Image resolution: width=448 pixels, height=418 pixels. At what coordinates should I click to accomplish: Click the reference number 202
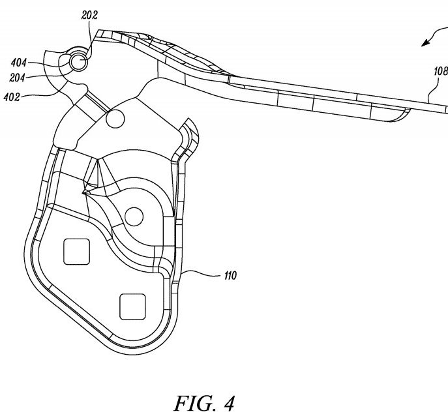[x=89, y=15]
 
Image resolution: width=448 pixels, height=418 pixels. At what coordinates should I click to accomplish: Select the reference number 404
[x=19, y=63]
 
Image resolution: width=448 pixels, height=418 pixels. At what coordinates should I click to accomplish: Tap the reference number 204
[x=17, y=78]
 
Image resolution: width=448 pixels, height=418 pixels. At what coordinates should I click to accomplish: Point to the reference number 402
[x=12, y=97]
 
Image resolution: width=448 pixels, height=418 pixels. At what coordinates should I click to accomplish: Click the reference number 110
[x=231, y=276]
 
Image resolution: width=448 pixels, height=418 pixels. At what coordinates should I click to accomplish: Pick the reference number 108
[x=441, y=71]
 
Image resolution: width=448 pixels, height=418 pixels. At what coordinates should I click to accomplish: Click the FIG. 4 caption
[x=204, y=404]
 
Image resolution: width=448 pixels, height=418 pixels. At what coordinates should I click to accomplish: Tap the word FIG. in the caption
[x=194, y=404]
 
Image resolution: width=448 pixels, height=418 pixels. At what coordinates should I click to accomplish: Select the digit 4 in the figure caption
[x=228, y=404]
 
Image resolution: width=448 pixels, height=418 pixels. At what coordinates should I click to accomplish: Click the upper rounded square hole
[x=76, y=252]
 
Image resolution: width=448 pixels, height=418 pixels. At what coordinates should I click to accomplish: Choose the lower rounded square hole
[x=132, y=307]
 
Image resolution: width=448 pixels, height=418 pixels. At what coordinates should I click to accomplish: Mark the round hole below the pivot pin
[x=115, y=119]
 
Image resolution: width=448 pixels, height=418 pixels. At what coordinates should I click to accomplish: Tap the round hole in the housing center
[x=134, y=216]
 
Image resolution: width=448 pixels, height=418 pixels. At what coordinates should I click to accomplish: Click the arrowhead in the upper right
[x=426, y=43]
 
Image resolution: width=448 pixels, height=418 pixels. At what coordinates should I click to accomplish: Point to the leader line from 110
[x=202, y=274]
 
